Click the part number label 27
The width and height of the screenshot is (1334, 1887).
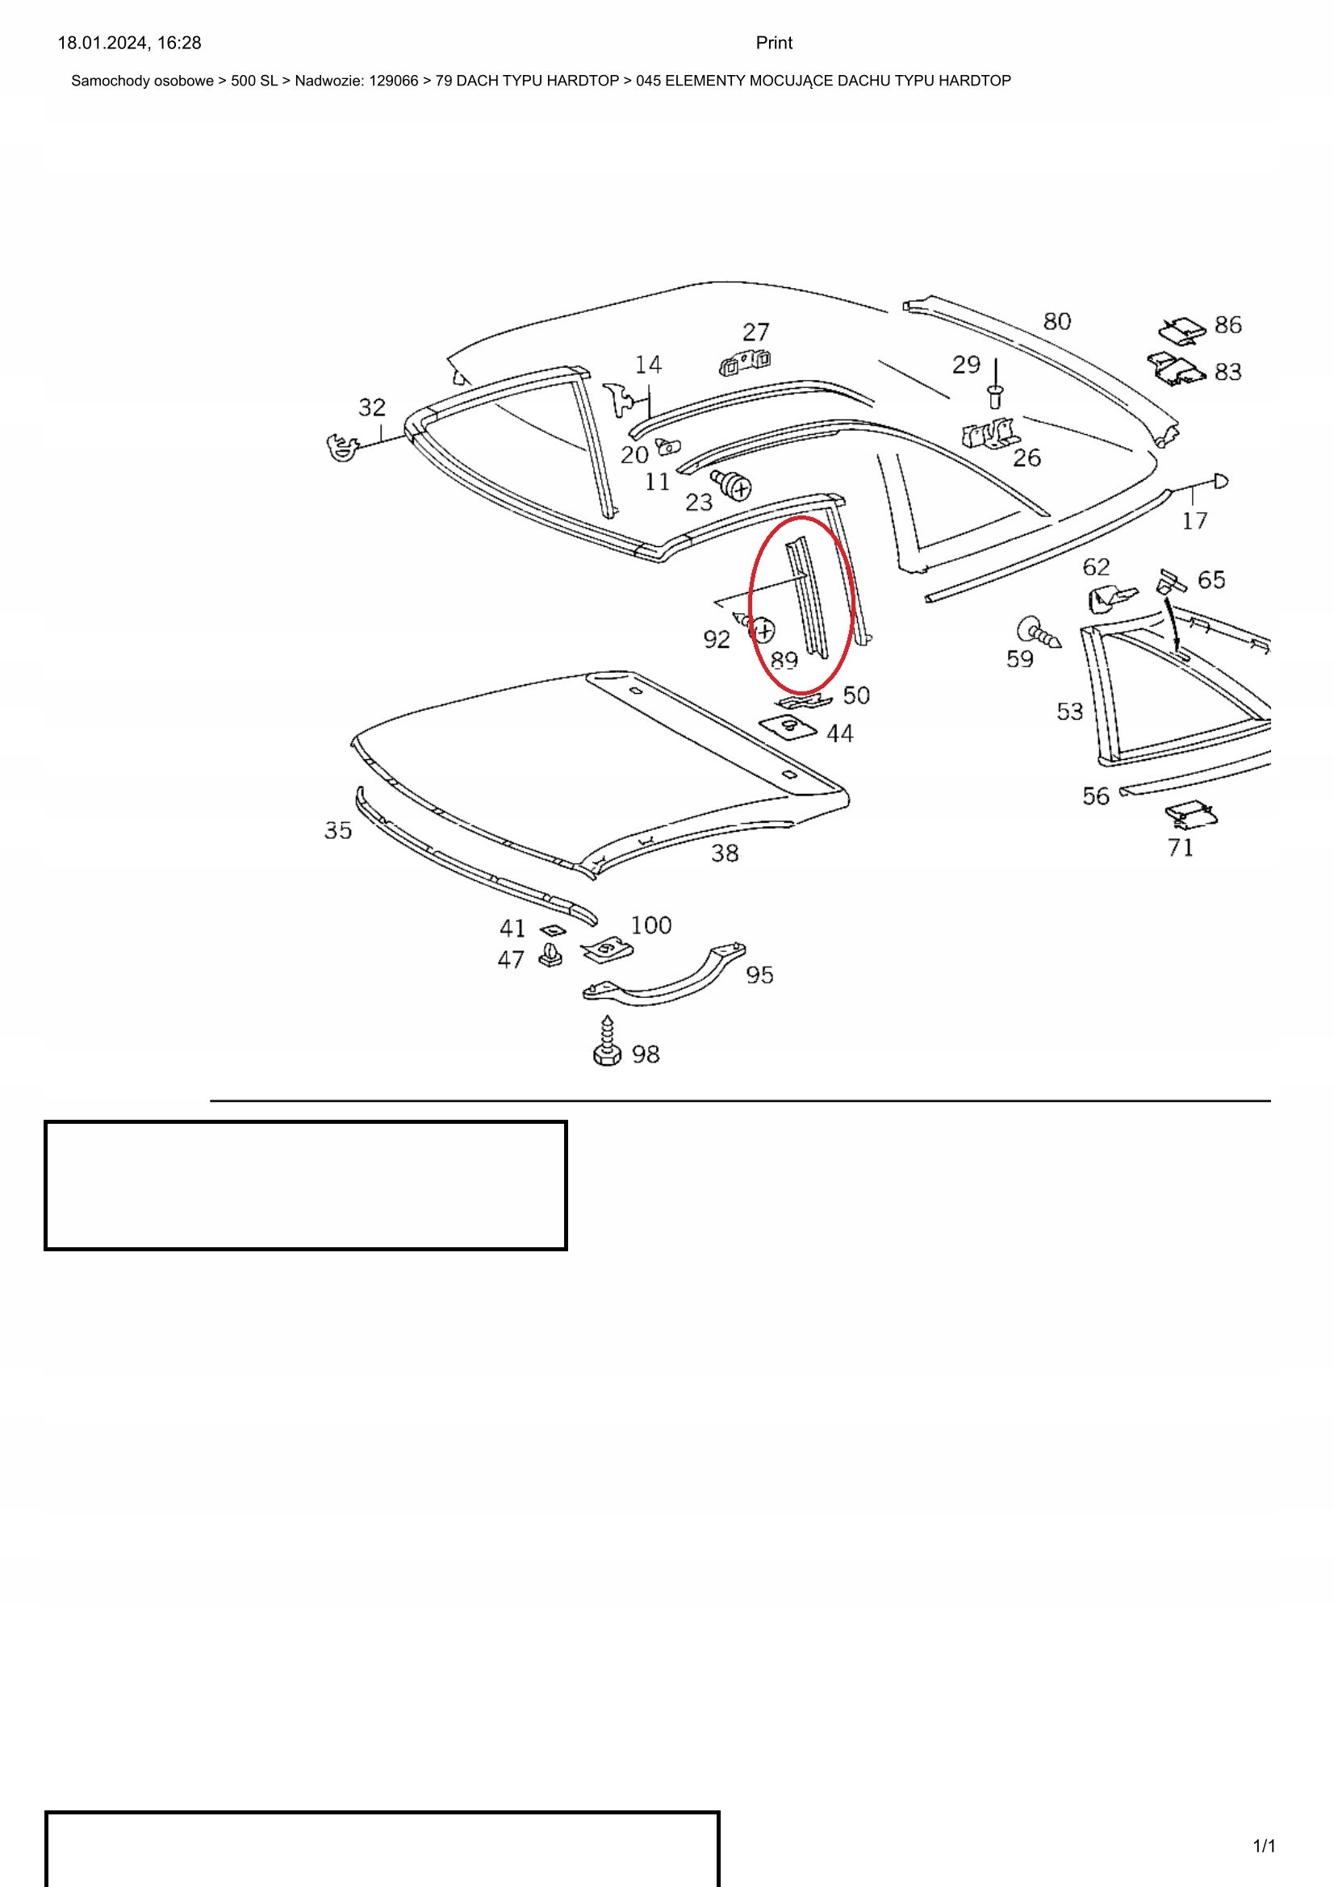755,332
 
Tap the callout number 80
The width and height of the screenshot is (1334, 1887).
1057,321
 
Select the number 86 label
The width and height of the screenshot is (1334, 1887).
1227,324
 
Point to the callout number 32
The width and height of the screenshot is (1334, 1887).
371,407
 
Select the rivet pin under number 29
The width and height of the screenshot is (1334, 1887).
996,391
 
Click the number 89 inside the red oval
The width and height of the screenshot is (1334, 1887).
784,659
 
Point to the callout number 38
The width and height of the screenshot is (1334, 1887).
724,853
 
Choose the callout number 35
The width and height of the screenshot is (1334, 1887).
338,830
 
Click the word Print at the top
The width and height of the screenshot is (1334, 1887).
773,43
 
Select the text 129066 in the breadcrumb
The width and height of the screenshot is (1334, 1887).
394,81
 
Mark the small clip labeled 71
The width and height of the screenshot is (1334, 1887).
1191,815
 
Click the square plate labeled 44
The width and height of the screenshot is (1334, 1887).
788,727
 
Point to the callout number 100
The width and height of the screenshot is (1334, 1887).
650,925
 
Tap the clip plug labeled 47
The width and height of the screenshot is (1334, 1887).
550,955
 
